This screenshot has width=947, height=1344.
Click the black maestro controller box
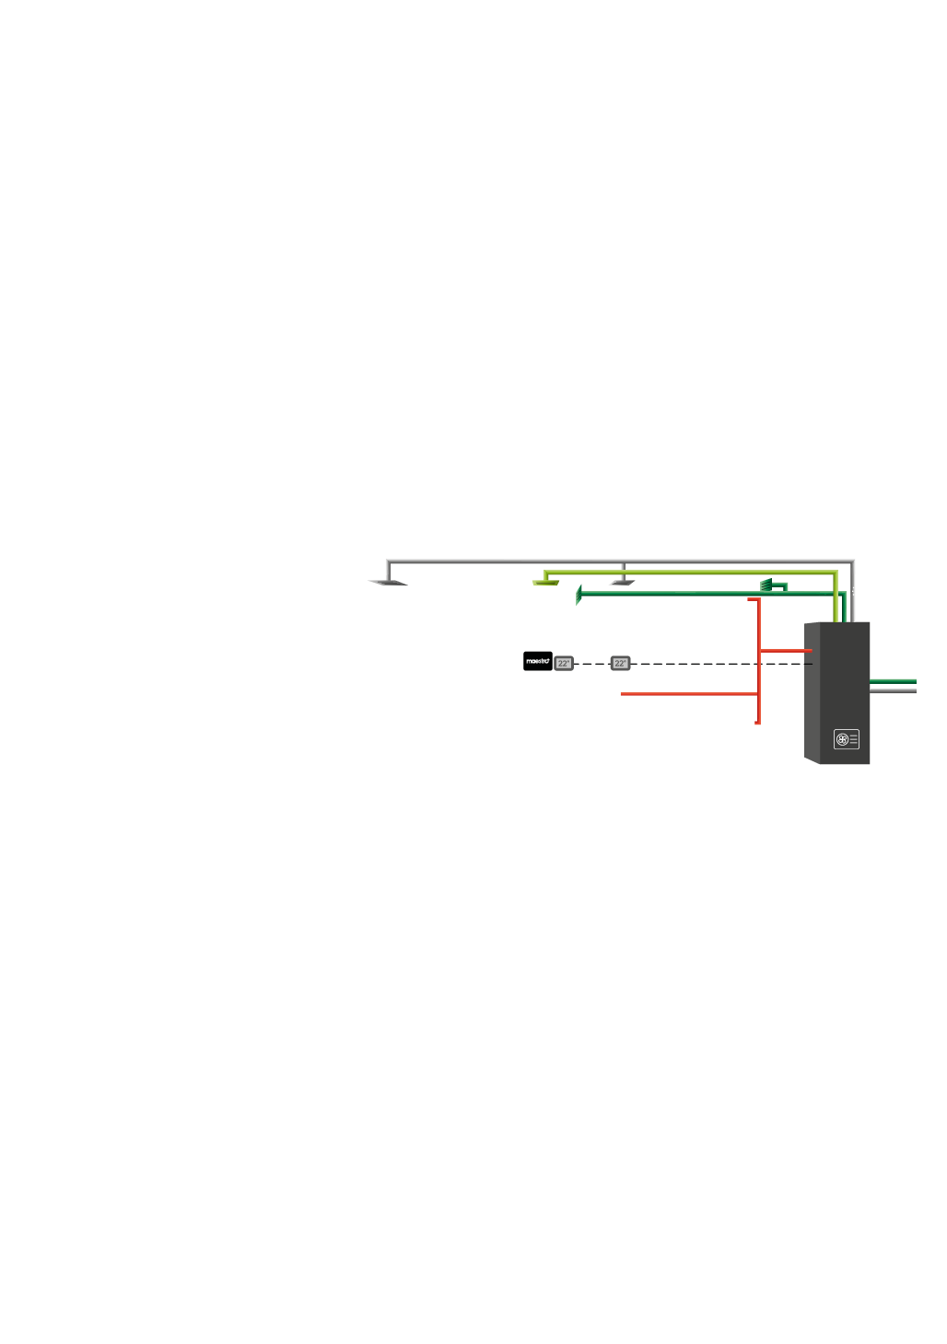click(x=538, y=661)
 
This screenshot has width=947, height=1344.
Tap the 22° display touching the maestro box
click(x=564, y=663)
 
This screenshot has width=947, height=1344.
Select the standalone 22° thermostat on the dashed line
click(x=620, y=663)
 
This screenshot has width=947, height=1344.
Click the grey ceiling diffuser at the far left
click(x=388, y=583)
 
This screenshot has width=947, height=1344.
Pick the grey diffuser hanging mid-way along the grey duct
click(x=624, y=582)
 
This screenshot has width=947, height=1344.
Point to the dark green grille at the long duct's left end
click(x=579, y=596)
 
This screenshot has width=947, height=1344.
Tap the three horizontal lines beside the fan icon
click(x=854, y=738)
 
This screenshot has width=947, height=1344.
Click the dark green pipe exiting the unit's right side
click(x=894, y=681)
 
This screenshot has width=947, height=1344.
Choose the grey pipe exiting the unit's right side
click(x=894, y=690)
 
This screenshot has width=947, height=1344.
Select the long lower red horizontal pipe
click(x=686, y=693)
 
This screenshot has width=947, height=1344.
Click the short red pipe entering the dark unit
click(x=785, y=651)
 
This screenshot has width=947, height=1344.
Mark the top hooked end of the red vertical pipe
click(x=753, y=599)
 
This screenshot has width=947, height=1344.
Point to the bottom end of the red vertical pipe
click(x=757, y=723)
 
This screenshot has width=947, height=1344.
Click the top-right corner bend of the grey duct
click(x=853, y=561)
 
